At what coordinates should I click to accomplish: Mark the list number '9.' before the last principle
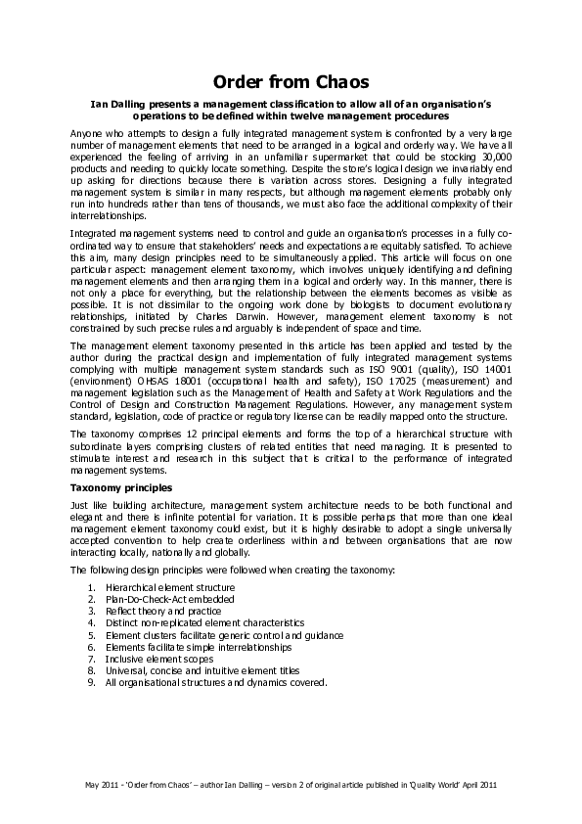pyautogui.click(x=90, y=682)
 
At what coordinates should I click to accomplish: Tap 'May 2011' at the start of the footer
pyautogui.click(x=100, y=784)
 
